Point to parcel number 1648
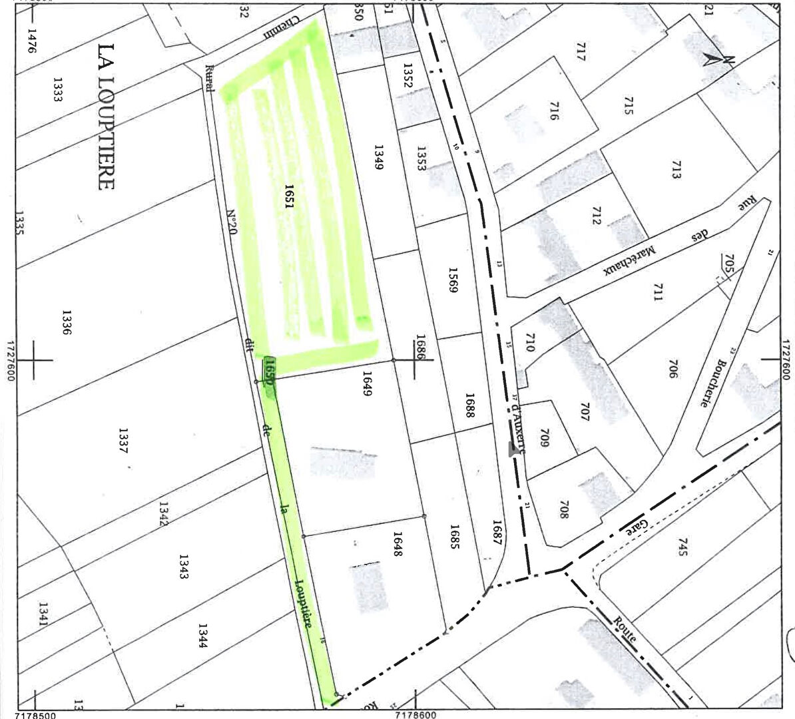click(x=398, y=543)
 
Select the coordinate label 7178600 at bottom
click(x=415, y=714)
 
